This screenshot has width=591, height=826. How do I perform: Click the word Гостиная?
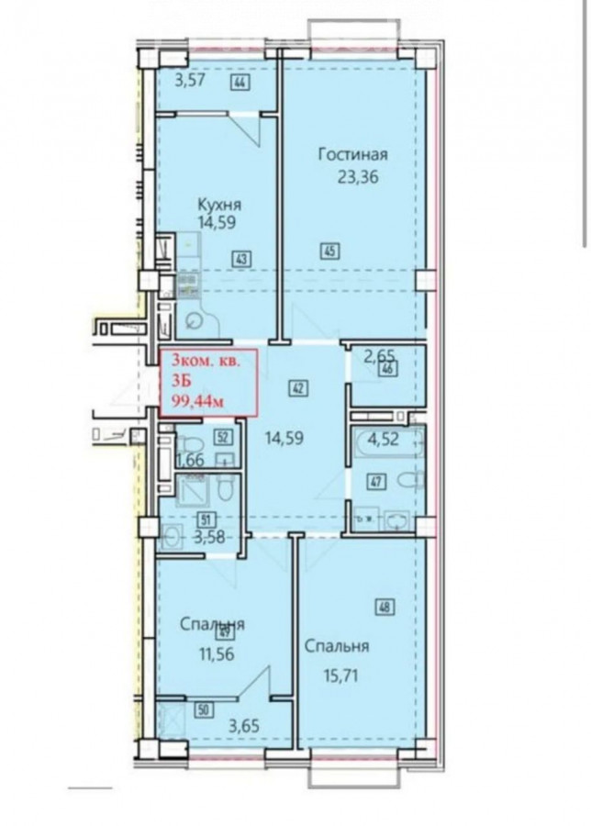point(353,154)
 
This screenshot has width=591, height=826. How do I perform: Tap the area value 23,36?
point(358,177)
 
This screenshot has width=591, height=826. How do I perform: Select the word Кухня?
point(219,204)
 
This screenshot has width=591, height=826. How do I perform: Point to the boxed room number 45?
point(329,251)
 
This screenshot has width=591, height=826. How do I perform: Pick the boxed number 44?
point(240,83)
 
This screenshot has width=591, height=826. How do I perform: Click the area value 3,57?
point(189,81)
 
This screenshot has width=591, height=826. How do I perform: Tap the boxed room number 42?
point(298,389)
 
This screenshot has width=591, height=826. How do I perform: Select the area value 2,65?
point(379,355)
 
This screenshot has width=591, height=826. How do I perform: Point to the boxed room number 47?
point(379,481)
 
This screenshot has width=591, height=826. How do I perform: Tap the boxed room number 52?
point(223,437)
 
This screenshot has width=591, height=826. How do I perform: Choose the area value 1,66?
point(190,460)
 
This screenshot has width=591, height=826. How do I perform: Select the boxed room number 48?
point(385,608)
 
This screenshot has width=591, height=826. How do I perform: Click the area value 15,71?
point(338,675)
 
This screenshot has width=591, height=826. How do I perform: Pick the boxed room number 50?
point(205,709)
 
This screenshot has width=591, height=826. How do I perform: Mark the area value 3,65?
point(244,727)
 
